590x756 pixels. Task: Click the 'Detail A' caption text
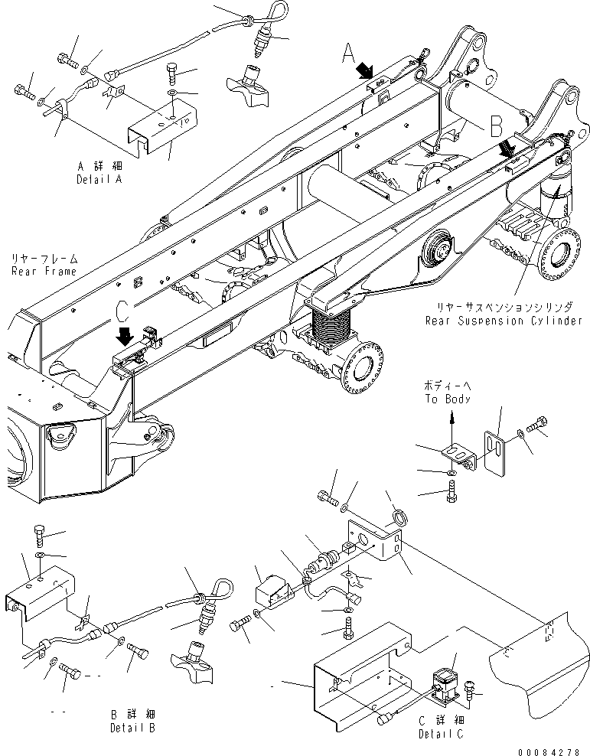[99, 179]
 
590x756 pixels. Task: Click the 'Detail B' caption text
[133, 728]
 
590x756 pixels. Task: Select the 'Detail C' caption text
[441, 735]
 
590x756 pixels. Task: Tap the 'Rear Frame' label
[44, 272]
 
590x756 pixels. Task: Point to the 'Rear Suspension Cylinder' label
[504, 321]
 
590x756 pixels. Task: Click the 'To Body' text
[448, 399]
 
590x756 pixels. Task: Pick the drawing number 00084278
[549, 751]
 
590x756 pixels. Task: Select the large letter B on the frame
[497, 125]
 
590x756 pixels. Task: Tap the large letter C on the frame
[123, 310]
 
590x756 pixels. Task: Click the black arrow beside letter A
[364, 71]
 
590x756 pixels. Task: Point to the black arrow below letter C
[125, 336]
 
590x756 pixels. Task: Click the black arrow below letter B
[507, 148]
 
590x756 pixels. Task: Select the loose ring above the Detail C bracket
[400, 520]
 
